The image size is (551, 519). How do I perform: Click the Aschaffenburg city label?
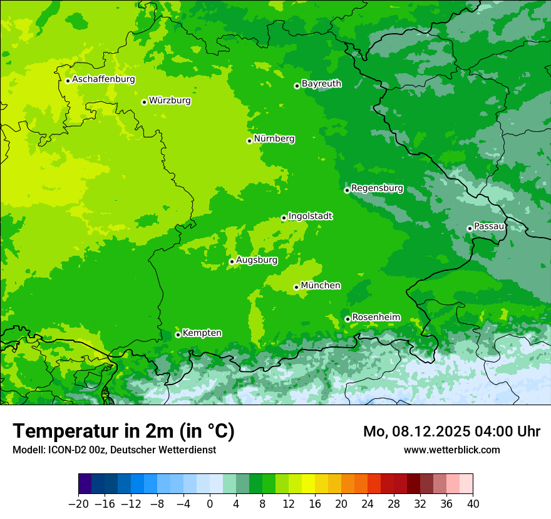click(x=103, y=79)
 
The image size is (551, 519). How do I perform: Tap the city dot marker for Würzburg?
click(x=144, y=102)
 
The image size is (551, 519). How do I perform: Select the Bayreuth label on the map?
click(x=321, y=84)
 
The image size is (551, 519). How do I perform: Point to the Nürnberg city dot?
click(x=249, y=141)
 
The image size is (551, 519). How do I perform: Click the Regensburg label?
click(x=377, y=188)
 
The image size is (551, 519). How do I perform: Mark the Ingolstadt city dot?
click(x=284, y=218)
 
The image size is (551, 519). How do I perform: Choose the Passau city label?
click(x=489, y=226)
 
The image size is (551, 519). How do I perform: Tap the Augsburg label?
click(x=257, y=259)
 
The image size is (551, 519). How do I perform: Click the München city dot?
click(x=296, y=288)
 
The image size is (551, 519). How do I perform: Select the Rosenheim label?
click(x=376, y=318)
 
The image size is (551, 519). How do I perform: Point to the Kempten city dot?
click(x=178, y=335)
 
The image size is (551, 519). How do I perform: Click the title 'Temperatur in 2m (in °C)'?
click(x=123, y=431)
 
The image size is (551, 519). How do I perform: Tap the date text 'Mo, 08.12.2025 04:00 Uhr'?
click(x=451, y=431)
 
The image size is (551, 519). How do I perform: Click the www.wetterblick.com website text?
click(x=451, y=450)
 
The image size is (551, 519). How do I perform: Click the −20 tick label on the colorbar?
click(x=79, y=504)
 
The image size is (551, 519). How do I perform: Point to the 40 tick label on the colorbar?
click(x=473, y=504)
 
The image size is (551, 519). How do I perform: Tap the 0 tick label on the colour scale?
click(x=210, y=504)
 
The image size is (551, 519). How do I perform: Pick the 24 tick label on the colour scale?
click(x=368, y=504)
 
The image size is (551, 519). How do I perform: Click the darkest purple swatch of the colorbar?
click(x=85, y=484)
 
